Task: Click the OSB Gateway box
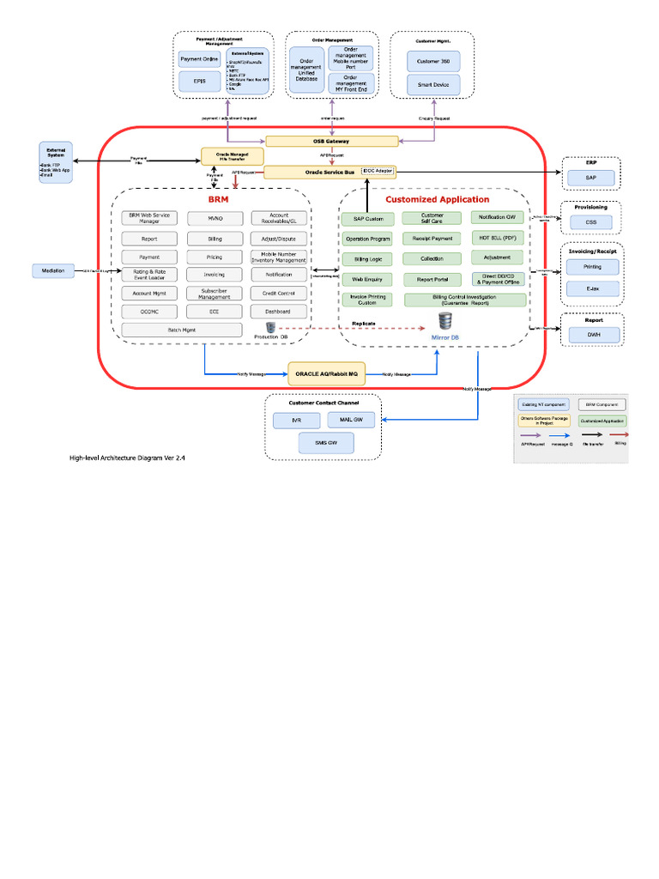tap(330, 141)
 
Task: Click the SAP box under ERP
tap(590, 177)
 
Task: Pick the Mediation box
tap(54, 271)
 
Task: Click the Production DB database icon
tap(270, 327)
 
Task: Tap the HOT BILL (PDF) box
tap(497, 238)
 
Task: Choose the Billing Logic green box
tap(367, 258)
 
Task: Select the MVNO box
tap(214, 218)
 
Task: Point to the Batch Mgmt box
tap(183, 329)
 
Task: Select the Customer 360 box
tap(433, 61)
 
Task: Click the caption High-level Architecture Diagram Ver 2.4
tap(127, 458)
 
